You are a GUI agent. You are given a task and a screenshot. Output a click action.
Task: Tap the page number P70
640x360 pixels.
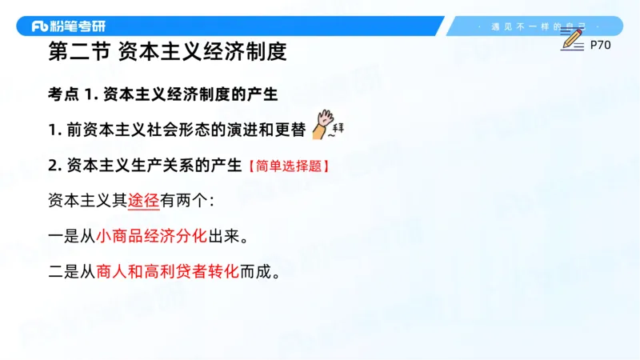600,46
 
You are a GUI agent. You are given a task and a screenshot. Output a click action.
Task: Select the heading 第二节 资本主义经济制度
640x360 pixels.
167,54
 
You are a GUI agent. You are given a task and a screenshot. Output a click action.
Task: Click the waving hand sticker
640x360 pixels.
323,124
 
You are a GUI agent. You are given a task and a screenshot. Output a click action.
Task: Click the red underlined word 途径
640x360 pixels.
144,201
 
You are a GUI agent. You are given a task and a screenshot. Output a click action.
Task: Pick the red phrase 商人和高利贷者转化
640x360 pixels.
167,272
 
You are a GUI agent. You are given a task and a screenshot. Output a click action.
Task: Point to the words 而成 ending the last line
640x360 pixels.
255,272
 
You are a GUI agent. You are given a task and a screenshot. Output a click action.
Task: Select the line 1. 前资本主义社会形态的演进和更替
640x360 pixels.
175,130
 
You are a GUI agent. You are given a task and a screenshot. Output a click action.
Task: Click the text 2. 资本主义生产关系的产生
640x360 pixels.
145,166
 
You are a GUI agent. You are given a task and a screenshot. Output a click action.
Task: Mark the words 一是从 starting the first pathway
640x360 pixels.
72,237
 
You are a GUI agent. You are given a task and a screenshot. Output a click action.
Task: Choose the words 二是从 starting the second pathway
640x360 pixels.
72,272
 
